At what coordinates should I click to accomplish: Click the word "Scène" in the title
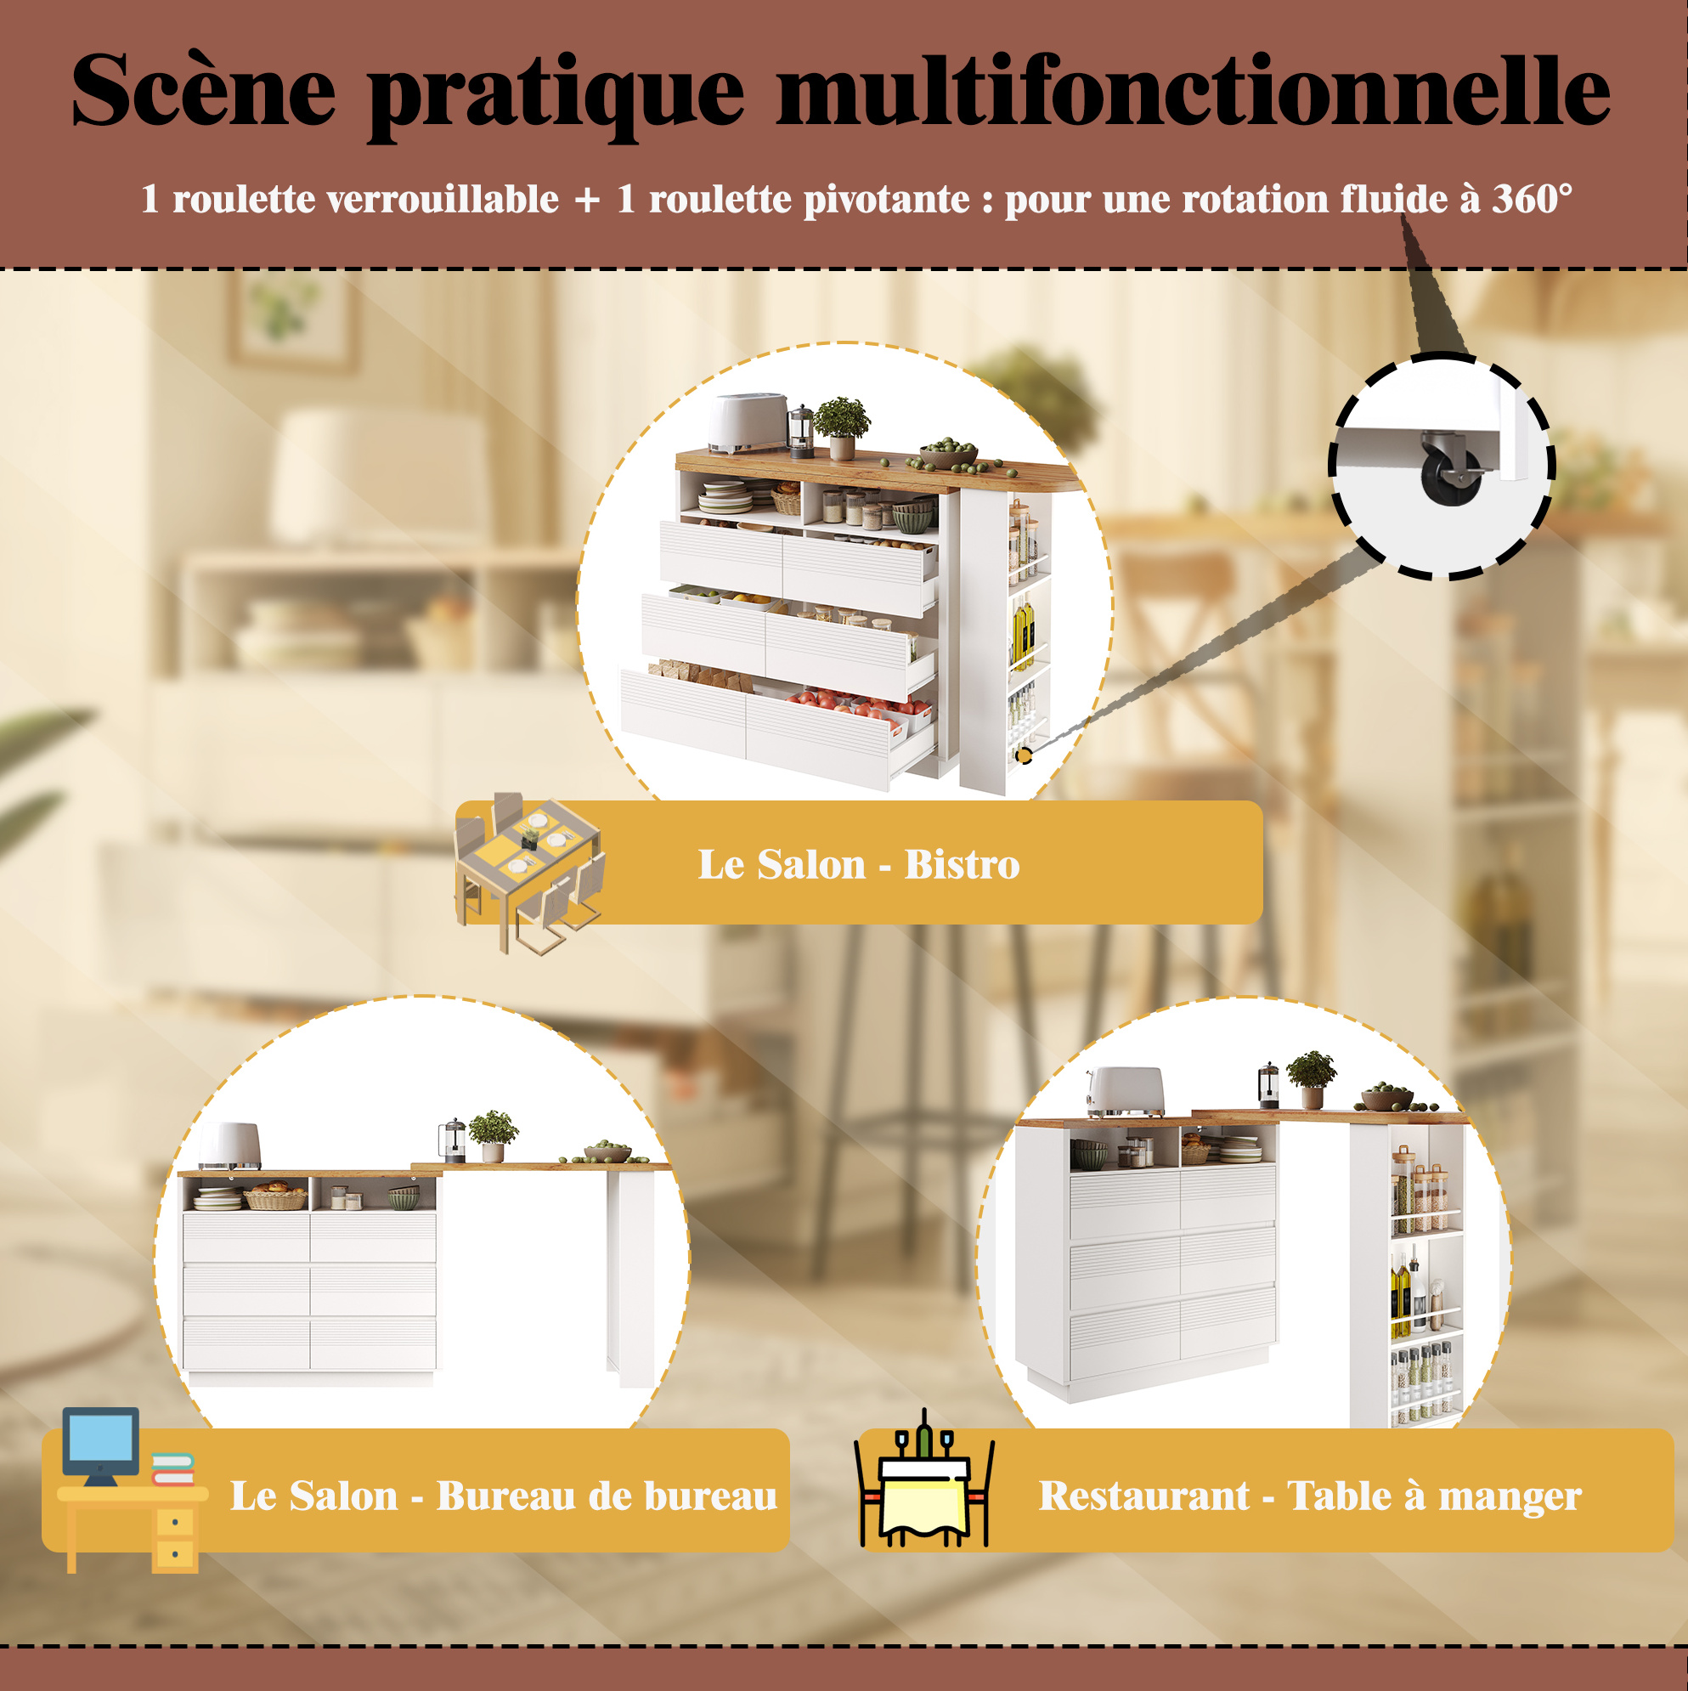203,90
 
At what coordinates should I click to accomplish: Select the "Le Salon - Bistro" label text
858,864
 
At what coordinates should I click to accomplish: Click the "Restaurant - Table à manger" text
1310,1496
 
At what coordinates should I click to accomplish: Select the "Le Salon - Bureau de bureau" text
503,1496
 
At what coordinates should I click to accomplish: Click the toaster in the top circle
748,423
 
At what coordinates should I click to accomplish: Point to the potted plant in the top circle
842,428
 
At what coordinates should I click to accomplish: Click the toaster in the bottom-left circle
230,1145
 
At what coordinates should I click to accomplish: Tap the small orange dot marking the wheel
1023,755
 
